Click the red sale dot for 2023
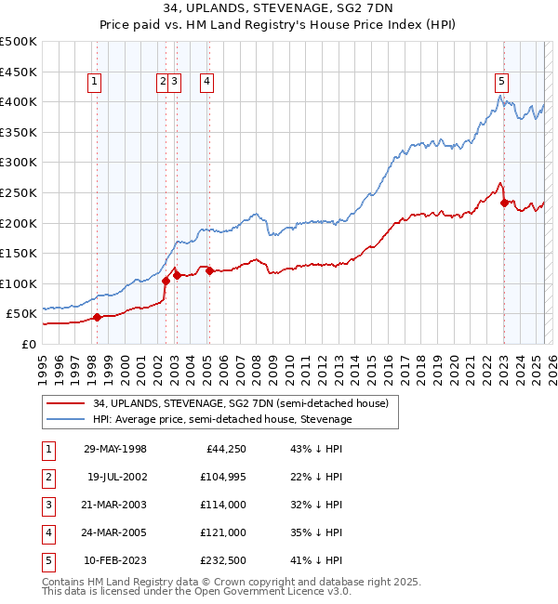504,203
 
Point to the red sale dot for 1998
97,317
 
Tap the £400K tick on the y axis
20,101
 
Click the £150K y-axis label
20,253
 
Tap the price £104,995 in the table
220,477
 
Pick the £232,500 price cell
220,560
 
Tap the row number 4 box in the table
47,532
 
